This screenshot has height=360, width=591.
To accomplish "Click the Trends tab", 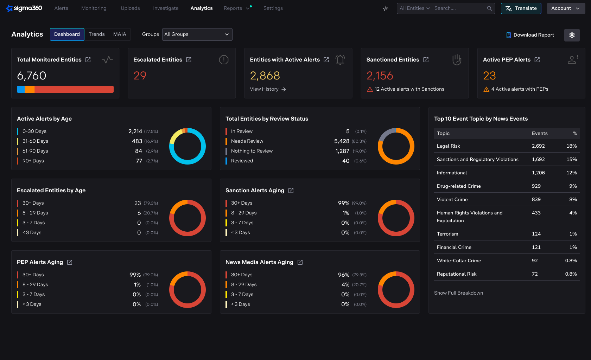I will click(x=97, y=34).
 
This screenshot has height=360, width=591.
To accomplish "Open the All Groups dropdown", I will click(x=197, y=34).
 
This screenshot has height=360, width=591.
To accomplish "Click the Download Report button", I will click(x=530, y=35).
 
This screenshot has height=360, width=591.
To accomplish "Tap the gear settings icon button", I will click(x=572, y=35).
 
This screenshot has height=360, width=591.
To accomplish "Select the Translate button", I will click(x=521, y=8).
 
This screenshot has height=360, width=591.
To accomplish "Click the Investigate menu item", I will click(x=166, y=8).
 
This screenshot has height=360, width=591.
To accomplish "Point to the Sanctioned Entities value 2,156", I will click(x=380, y=76).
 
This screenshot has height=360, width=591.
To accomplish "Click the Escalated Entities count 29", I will click(x=140, y=76).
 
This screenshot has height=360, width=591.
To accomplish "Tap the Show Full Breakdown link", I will click(x=458, y=293).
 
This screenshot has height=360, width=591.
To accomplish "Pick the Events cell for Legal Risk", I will click(x=538, y=146).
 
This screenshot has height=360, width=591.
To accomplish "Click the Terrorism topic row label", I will click(x=447, y=234).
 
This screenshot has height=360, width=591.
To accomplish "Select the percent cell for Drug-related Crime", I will click(x=573, y=186).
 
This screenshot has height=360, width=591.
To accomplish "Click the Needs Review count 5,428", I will click(x=342, y=141).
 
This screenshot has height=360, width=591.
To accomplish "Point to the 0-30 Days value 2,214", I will click(x=135, y=131).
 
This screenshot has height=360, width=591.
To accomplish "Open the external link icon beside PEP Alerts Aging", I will click(x=70, y=262).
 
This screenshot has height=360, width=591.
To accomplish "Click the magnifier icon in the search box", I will click(x=489, y=8).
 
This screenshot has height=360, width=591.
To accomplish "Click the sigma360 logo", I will click(x=24, y=8).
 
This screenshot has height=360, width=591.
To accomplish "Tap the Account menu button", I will click(x=566, y=8).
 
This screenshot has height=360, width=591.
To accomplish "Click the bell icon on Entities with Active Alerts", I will click(x=340, y=60).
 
